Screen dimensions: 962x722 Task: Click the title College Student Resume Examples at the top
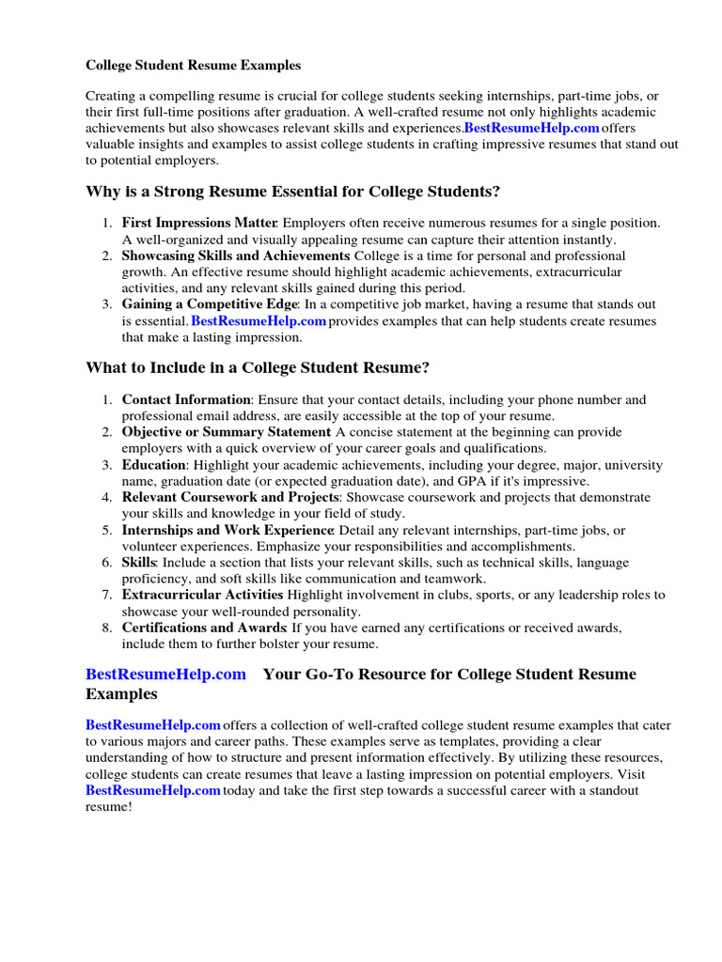coord(194,66)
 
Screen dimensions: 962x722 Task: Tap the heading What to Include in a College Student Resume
coord(258,366)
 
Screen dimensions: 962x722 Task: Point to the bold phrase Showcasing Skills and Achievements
coord(236,256)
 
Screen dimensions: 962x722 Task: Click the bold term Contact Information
coord(186,399)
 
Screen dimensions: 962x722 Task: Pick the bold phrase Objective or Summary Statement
coord(227,432)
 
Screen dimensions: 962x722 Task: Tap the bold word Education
coord(154,465)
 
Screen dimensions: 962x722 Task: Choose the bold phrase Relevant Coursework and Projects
coord(229,497)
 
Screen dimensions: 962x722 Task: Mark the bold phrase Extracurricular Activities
coord(202,595)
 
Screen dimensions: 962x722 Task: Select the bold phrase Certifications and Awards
coord(204,628)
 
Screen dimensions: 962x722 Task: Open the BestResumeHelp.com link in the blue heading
coord(165,675)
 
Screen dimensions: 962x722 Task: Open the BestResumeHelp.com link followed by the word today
coord(152,791)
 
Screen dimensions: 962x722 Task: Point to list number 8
coord(107,628)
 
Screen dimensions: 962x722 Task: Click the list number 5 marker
coord(107,530)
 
